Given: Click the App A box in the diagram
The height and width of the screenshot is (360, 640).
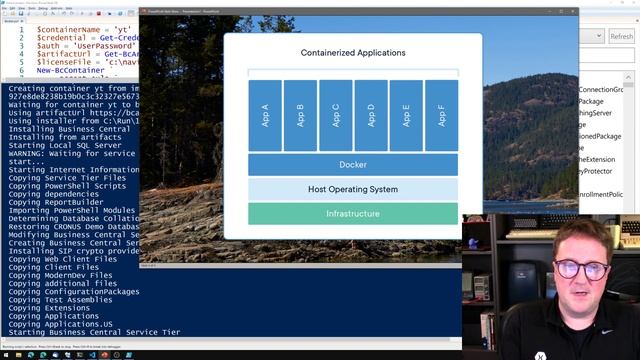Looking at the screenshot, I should tap(265, 115).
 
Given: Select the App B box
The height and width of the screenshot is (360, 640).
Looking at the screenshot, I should tap(300, 115).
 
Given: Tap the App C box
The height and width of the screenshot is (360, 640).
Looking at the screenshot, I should tap(335, 115).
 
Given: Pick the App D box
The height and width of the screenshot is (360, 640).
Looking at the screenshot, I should tap(370, 115).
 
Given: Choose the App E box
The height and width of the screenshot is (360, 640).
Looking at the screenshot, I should tap(405, 115).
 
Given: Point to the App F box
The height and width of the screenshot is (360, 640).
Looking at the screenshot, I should tap(441, 115).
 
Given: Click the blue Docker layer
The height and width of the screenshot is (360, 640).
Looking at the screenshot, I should tap(353, 164).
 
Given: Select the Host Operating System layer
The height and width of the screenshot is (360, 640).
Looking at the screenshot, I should tap(353, 189).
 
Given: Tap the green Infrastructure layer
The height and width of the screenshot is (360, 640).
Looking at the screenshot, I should tap(353, 214).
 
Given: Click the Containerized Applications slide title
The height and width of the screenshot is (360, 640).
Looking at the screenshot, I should tap(353, 52).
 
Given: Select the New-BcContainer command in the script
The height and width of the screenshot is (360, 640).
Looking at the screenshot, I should tap(65, 71).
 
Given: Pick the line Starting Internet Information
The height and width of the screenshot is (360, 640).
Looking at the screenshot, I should tap(71, 170).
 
